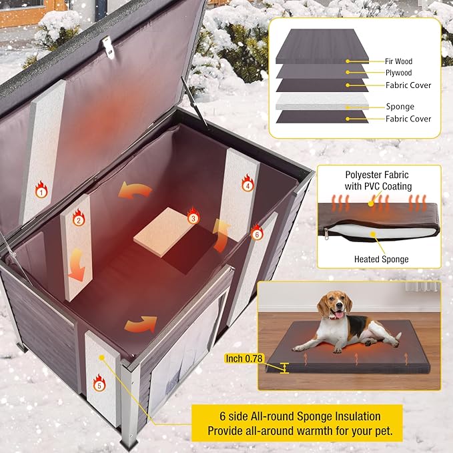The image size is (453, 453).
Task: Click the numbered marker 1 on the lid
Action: [42, 192]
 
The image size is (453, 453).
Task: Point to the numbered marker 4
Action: [248, 186]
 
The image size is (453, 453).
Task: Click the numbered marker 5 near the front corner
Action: [99, 384]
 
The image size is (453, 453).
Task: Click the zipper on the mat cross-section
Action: [327, 232]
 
